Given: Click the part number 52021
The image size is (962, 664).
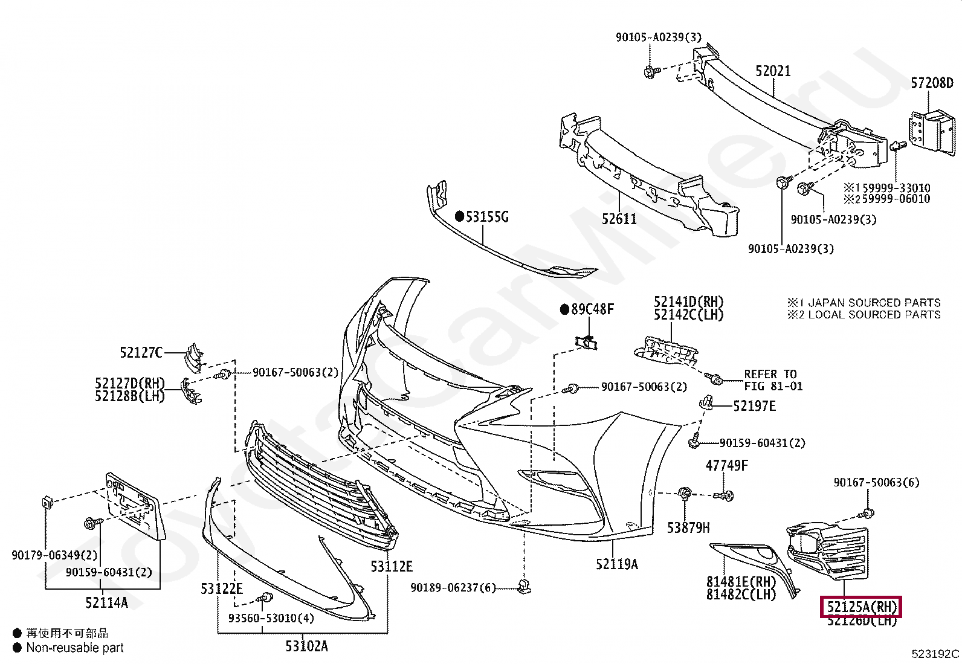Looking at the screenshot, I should pyautogui.click(x=773, y=71).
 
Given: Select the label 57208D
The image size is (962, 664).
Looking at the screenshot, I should pyautogui.click(x=932, y=83).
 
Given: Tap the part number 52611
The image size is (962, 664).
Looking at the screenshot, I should pyautogui.click(x=619, y=219).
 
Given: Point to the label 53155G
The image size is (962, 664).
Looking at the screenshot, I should pyautogui.click(x=487, y=217).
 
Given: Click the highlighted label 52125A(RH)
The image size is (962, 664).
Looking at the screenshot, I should pyautogui.click(x=860, y=607).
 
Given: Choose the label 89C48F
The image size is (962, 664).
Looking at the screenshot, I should pyautogui.click(x=592, y=309).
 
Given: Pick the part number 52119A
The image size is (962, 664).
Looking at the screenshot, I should pyautogui.click(x=616, y=564).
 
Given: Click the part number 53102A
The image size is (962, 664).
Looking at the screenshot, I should pyautogui.click(x=306, y=646).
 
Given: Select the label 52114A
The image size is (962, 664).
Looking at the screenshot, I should pyautogui.click(x=106, y=602).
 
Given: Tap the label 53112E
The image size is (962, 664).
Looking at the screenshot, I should pyautogui.click(x=392, y=567).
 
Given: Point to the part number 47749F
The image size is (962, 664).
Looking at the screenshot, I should pyautogui.click(x=726, y=465).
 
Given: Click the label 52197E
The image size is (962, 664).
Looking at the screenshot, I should pyautogui.click(x=754, y=406).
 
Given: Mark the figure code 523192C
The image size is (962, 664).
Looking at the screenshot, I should pyautogui.click(x=935, y=654).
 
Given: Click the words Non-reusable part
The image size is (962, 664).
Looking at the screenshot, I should pyautogui.click(x=75, y=648).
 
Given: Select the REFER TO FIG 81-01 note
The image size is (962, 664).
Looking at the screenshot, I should pyautogui.click(x=773, y=381).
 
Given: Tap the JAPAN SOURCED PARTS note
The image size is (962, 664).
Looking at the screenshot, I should pyautogui.click(x=874, y=303).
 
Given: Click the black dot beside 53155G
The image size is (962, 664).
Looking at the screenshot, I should pyautogui.click(x=459, y=216).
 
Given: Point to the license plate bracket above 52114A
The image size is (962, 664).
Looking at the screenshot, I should pyautogui.click(x=135, y=506).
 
